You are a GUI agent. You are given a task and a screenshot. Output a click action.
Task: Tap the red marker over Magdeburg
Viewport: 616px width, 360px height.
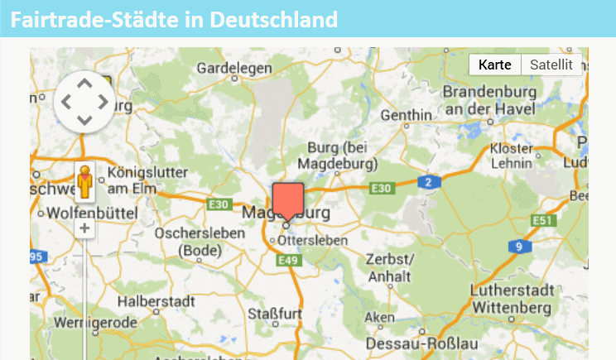coord(287,201)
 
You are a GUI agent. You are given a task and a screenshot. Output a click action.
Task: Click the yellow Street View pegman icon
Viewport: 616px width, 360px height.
coord(84,182)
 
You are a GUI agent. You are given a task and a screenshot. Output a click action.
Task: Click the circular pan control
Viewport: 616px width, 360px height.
coord(84,102)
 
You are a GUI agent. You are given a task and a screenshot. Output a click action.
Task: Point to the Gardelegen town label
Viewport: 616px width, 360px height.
coord(229,67)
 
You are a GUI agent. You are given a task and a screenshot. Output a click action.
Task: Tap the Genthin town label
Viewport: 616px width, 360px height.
coord(406,114)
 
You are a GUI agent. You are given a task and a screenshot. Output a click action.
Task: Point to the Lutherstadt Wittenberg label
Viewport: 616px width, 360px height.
coord(511,299)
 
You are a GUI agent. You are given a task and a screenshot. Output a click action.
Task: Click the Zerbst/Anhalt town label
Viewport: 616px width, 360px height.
coord(390,266)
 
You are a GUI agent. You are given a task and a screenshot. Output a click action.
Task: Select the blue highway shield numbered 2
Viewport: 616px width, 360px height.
coord(427,182)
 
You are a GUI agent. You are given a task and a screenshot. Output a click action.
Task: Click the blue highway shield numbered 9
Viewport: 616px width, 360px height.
coord(518,247)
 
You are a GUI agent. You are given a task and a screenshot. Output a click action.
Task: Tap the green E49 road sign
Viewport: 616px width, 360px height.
coord(288,261)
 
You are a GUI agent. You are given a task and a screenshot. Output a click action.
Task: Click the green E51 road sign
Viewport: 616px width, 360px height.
coord(542,220)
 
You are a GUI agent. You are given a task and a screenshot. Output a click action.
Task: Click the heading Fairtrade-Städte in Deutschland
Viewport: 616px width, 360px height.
coord(175,19)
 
